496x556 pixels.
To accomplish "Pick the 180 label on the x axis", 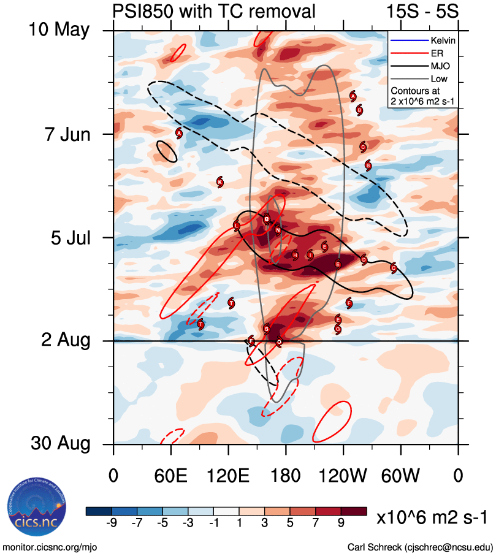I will click(286, 476).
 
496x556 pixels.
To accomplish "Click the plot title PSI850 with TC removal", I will click(215, 10).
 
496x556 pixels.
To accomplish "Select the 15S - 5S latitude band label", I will click(422, 10).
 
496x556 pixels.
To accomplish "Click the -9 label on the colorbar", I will click(112, 522).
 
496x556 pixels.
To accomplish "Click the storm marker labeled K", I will click(220, 182).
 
